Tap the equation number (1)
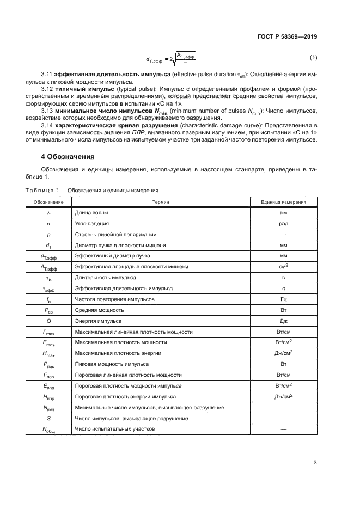(x=313, y=57)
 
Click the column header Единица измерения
(x=283, y=202)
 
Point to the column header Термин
(x=161, y=202)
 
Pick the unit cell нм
(x=283, y=213)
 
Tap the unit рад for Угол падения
(x=283, y=224)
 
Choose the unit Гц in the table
(x=283, y=299)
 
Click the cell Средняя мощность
(x=98, y=310)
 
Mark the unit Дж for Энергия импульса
(x=283, y=321)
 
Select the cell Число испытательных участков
(x=115, y=429)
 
